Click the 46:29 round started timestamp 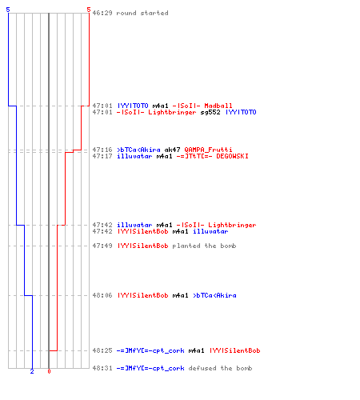[x=102, y=13]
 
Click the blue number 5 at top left [x=8, y=10]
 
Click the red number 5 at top [x=89, y=10]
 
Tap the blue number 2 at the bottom [x=32, y=371]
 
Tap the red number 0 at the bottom [x=49, y=371]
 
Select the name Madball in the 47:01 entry [x=218, y=106]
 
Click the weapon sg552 [x=210, y=112]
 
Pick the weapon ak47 [x=172, y=150]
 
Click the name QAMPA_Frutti [x=208, y=150]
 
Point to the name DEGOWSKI [x=232, y=156]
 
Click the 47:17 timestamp [x=102, y=156]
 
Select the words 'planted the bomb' [x=204, y=246]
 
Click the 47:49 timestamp [x=102, y=246]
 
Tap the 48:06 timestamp [x=102, y=295]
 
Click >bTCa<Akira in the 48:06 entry [x=214, y=295]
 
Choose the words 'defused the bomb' [x=220, y=368]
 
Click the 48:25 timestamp [x=102, y=350]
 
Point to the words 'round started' [x=142, y=13]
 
